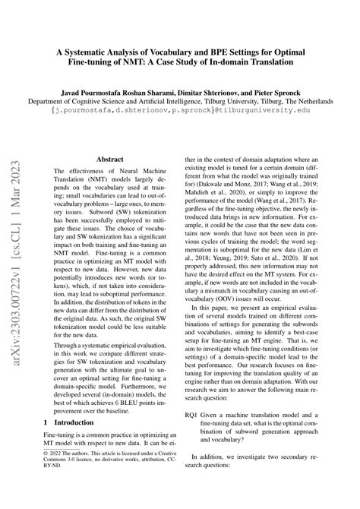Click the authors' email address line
(x=180, y=110)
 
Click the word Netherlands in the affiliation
(x=332, y=100)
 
